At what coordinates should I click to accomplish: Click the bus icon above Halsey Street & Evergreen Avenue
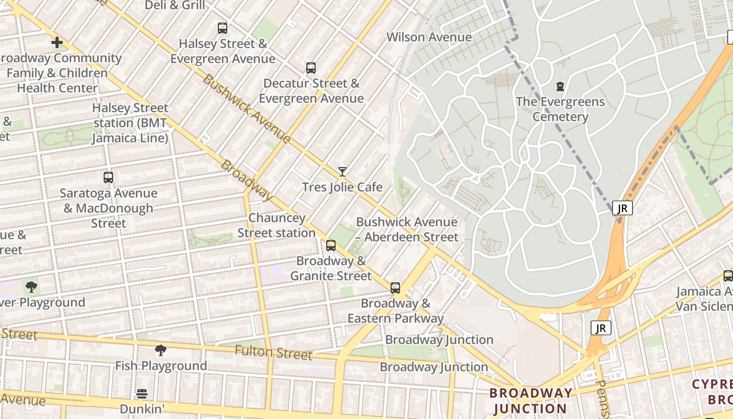[223, 28]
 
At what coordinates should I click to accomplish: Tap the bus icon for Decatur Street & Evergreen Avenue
[311, 68]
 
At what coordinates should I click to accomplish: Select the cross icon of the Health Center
[57, 42]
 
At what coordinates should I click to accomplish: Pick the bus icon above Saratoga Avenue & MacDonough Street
[108, 178]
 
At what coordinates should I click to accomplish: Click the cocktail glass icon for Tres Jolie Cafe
[342, 171]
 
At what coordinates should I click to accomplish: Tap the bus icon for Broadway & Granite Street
[331, 246]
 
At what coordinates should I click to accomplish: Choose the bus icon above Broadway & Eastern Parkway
[395, 288]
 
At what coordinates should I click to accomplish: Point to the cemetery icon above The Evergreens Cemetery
[560, 86]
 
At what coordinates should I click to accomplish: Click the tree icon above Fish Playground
[161, 350]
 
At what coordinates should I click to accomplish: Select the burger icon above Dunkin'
[142, 393]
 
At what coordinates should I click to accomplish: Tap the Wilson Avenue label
[429, 37]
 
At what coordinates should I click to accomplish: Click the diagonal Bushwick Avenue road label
[246, 109]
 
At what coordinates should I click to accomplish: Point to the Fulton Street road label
[273, 352]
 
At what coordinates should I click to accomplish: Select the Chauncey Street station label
[276, 225]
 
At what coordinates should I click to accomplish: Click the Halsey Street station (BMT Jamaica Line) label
[130, 123]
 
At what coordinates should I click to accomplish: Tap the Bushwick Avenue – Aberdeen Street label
[407, 229]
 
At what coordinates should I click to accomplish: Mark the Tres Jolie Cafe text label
[342, 188]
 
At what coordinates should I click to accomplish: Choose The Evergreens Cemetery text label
[560, 109]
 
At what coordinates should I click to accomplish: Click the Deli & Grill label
[175, 5]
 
